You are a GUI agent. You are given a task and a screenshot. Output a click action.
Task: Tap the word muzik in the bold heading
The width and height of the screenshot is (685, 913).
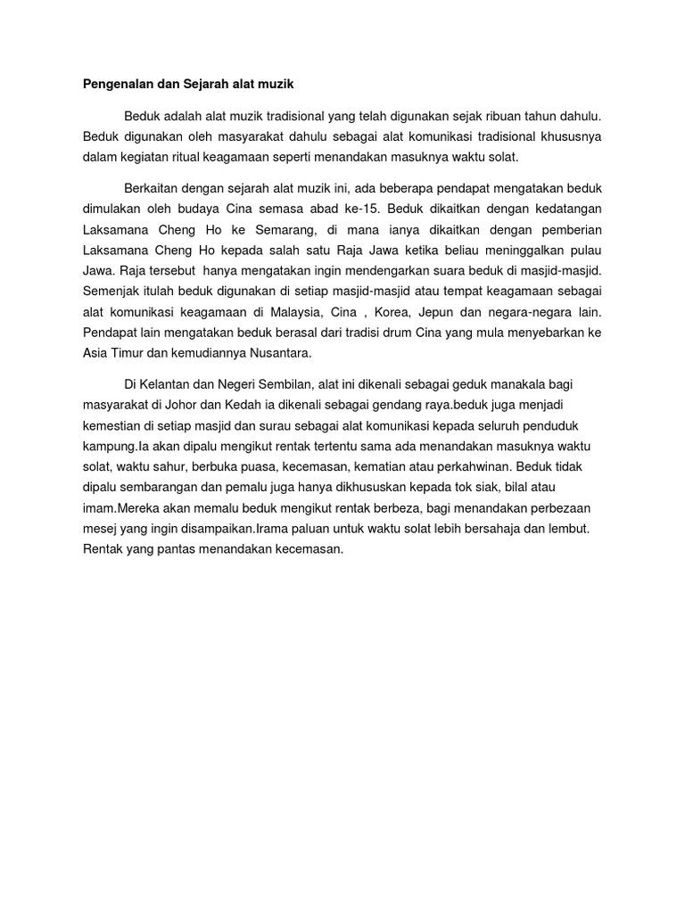(x=275, y=85)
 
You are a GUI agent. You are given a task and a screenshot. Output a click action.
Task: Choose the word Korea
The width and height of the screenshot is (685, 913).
(x=421, y=312)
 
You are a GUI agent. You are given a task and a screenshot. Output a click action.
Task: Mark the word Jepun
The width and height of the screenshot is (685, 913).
(x=474, y=312)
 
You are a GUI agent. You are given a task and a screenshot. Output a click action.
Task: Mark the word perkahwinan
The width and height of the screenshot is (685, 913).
(x=478, y=466)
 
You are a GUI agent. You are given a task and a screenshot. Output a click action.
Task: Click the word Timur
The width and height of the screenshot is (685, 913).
(x=126, y=353)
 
